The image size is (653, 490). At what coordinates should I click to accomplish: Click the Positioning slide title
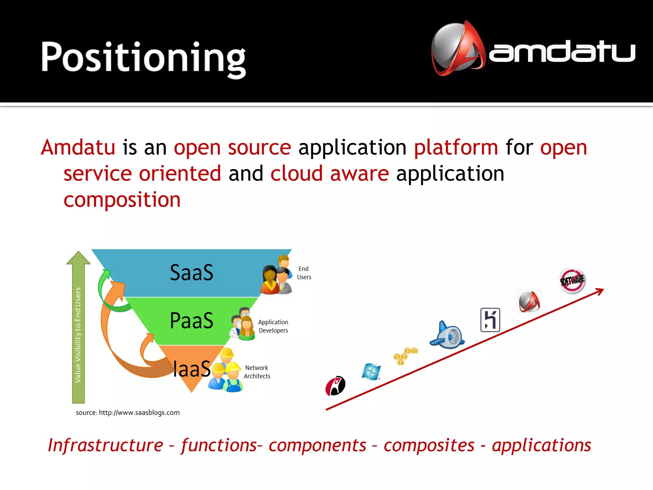pyautogui.click(x=143, y=57)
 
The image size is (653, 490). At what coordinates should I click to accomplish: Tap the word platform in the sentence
pyautogui.click(x=456, y=148)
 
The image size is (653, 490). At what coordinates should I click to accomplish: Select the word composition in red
pyautogui.click(x=122, y=200)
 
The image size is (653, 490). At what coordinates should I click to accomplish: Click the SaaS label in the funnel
pyautogui.click(x=191, y=273)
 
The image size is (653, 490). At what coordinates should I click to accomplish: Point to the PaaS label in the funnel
pyautogui.click(x=191, y=321)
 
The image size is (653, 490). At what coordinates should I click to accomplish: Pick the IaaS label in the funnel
pyautogui.click(x=191, y=369)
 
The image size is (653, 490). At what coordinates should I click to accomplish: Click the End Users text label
pyautogui.click(x=304, y=273)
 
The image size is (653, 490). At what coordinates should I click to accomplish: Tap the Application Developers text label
pyautogui.click(x=273, y=326)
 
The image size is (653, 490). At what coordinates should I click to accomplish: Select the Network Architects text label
pyautogui.click(x=257, y=372)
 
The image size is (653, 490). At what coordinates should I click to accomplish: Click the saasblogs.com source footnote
pyautogui.click(x=128, y=413)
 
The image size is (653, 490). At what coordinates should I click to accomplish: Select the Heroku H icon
pyautogui.click(x=490, y=320)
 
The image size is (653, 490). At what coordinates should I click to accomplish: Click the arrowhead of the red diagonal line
pyautogui.click(x=601, y=291)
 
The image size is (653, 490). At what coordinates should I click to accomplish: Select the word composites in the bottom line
pyautogui.click(x=429, y=446)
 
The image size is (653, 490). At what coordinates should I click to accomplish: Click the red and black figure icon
pyautogui.click(x=335, y=386)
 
